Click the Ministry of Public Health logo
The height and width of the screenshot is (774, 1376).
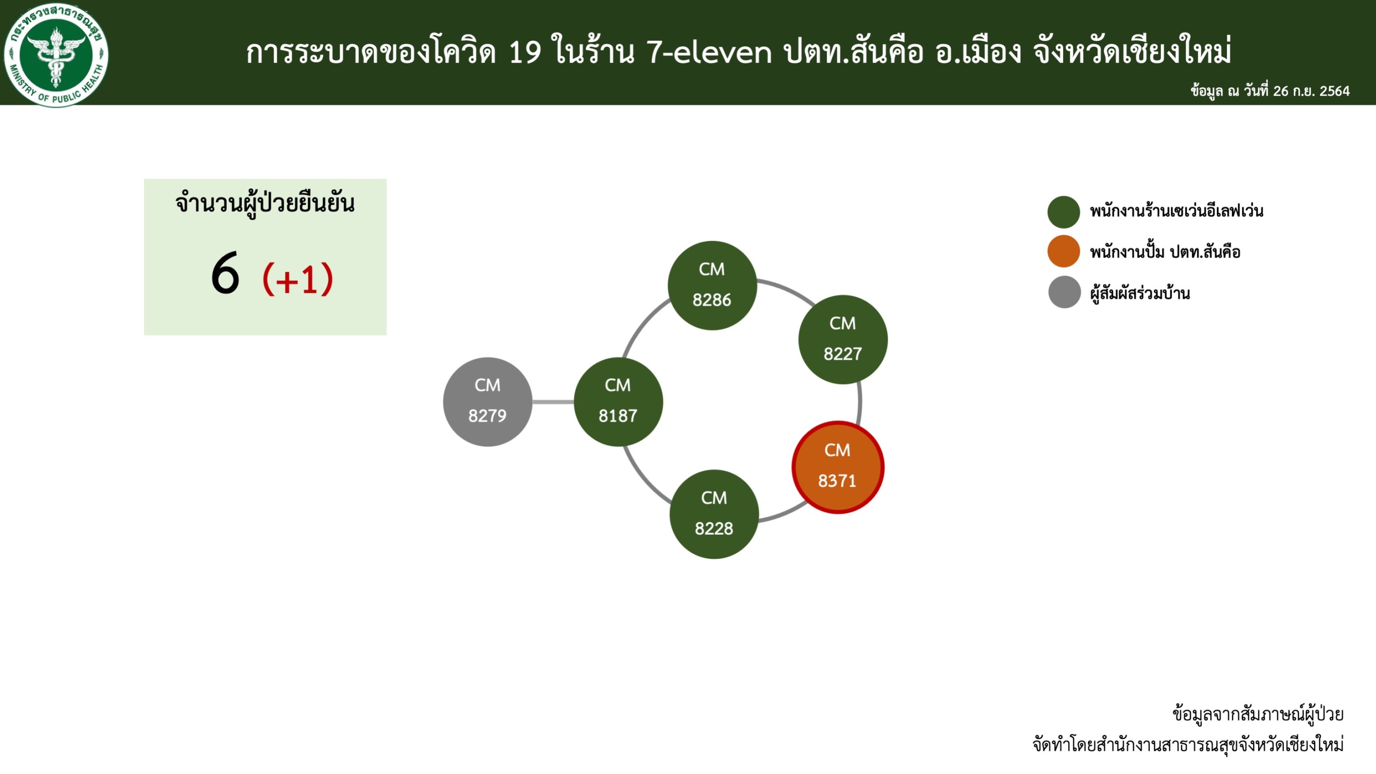[x=56, y=54]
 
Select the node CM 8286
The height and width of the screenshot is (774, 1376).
[x=712, y=285]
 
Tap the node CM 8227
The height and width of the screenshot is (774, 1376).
[x=843, y=339]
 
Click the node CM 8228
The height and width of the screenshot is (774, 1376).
[x=714, y=514]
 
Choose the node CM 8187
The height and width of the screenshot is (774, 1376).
[x=618, y=402]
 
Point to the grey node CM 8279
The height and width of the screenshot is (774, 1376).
[x=488, y=402]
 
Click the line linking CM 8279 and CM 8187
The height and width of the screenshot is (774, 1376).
[x=553, y=402]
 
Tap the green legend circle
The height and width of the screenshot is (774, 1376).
[x=1064, y=212]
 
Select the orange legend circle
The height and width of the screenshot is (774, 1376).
[x=1064, y=251]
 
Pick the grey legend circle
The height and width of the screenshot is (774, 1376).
[x=1064, y=292]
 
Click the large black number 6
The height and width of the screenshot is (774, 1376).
[x=225, y=274]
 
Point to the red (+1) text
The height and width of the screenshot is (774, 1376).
[x=298, y=278]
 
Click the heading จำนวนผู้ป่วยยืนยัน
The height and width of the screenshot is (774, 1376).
[x=265, y=204]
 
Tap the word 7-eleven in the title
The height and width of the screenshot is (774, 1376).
[x=709, y=52]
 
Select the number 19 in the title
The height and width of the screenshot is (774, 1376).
[x=525, y=52]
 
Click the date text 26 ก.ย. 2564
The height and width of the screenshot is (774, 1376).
[x=1312, y=91]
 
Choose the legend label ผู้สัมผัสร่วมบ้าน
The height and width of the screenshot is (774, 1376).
[x=1140, y=293]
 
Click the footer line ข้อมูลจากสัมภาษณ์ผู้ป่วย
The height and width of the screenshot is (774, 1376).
[x=1258, y=714]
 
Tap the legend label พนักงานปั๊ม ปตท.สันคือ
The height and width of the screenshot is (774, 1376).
[x=1165, y=251]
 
